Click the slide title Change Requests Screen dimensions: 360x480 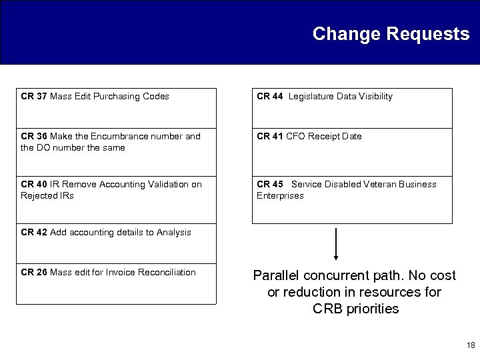click(391, 34)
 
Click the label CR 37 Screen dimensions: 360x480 click(33, 97)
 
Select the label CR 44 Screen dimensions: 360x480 click(269, 97)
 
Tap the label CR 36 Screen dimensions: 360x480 click(33, 137)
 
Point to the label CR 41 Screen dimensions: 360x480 click(269, 137)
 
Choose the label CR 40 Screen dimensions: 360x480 click(33, 185)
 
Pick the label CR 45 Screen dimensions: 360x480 click(269, 185)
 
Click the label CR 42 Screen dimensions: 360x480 click(33, 233)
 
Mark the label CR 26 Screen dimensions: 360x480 click(33, 273)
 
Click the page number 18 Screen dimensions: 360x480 click(471, 345)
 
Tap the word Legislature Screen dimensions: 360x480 click(311, 97)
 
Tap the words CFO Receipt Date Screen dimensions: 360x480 click(324, 137)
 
